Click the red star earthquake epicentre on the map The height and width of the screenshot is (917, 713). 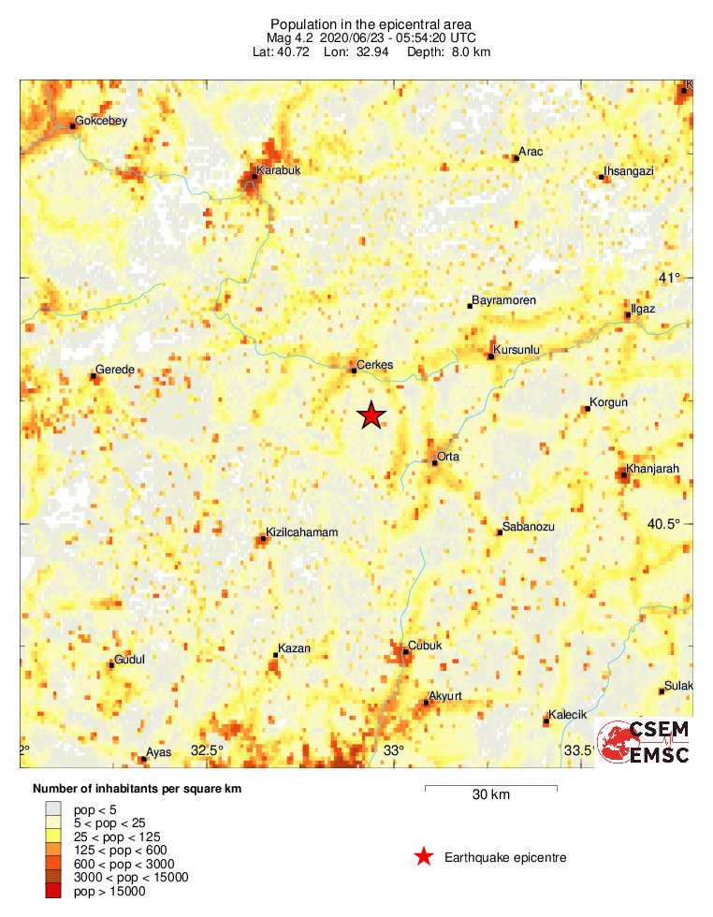(371, 415)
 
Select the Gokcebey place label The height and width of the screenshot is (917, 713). (100, 121)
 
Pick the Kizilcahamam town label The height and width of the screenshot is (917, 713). (301, 532)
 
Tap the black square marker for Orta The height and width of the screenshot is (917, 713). (435, 463)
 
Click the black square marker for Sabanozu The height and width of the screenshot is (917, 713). (500, 532)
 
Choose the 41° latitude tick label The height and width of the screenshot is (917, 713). (669, 278)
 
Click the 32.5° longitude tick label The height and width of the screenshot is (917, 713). (208, 750)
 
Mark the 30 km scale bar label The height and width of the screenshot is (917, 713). (490, 795)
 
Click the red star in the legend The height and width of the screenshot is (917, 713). (424, 856)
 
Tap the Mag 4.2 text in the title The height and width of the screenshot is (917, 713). (291, 37)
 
